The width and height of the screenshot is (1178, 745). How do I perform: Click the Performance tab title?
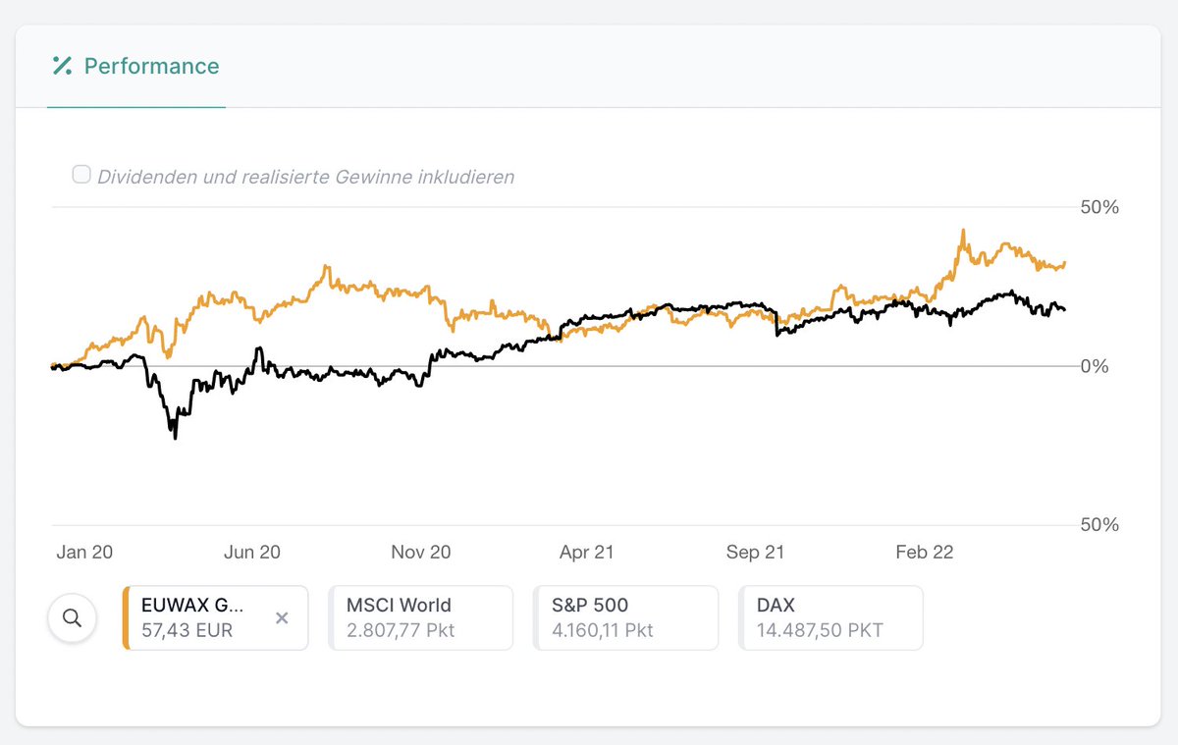151,67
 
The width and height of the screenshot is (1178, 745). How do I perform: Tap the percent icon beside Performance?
63,67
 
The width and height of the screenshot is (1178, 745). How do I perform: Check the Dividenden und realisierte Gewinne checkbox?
81,175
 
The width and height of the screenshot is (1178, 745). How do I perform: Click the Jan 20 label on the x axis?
84,552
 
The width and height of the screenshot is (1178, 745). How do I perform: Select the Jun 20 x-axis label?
252,552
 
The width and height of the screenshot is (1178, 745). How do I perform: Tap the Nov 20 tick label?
420,552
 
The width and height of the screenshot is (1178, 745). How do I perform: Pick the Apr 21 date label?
586,552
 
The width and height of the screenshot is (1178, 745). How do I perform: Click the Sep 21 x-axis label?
755,552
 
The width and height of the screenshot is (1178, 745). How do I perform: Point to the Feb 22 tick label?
924,552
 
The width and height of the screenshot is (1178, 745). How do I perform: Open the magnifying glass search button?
72,618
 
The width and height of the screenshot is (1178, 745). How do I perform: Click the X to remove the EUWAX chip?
282,618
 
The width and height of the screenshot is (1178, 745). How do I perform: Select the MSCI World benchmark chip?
420,618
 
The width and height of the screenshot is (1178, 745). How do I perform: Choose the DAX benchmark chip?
830,618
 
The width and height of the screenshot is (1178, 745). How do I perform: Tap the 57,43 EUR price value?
187,630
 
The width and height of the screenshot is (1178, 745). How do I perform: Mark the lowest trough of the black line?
176,438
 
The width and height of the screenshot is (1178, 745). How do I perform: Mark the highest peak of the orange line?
963,231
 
